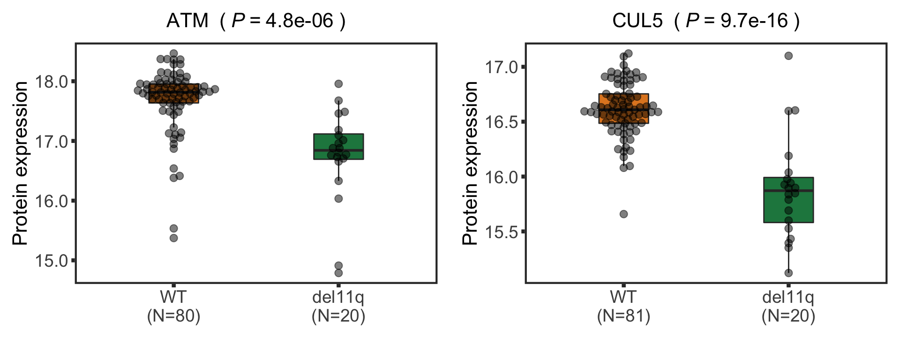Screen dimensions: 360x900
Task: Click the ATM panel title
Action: tap(256, 21)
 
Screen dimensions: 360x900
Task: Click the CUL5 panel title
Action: tap(706, 21)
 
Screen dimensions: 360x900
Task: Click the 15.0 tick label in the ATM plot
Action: tap(52, 261)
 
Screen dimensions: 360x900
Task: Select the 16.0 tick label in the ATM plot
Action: tap(52, 201)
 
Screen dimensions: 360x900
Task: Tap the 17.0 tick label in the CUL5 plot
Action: tap(502, 67)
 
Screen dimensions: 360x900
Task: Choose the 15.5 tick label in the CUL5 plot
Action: tap(502, 232)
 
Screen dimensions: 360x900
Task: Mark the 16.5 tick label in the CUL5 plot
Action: tap(502, 122)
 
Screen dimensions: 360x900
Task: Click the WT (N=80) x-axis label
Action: tap(173, 307)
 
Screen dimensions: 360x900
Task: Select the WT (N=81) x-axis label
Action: tap(623, 307)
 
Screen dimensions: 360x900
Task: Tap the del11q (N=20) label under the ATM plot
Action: tap(338, 307)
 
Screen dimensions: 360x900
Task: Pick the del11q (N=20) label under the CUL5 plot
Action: tap(788, 307)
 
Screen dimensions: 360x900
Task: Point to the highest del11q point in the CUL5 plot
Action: tap(788, 56)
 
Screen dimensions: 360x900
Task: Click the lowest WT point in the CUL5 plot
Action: tap(623, 214)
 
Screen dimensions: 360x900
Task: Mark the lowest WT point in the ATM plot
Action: tap(173, 238)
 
